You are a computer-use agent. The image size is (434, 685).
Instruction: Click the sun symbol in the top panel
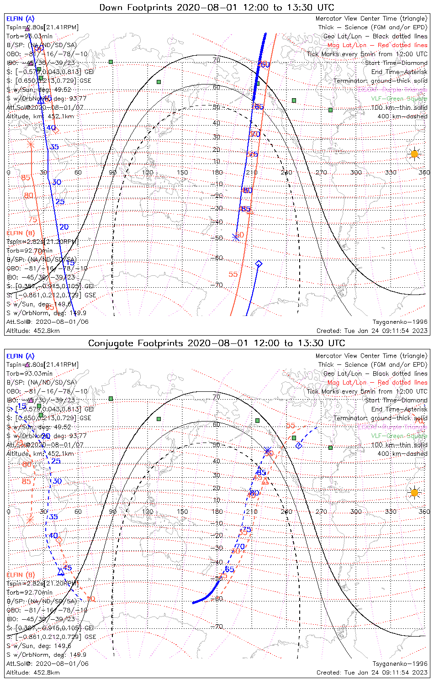tap(414, 154)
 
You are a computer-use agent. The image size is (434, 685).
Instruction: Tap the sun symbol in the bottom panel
tap(414, 493)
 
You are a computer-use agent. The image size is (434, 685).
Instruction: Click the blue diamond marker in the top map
tap(259, 263)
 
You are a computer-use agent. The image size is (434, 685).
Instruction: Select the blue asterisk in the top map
tap(236, 237)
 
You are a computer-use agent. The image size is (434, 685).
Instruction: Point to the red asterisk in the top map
tap(31, 145)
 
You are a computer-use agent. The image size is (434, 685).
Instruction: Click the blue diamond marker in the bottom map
tap(298, 445)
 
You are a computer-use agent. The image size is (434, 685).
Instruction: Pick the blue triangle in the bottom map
tap(61, 572)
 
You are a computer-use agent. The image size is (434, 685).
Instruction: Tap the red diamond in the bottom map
tap(59, 540)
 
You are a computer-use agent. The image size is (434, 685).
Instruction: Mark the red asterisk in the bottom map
tap(30, 520)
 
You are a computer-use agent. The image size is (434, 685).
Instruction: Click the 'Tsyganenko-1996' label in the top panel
tap(400, 322)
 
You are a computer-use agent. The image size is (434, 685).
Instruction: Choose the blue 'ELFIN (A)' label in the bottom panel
tap(21, 356)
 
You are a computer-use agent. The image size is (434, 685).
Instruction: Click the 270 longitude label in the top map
tap(321, 172)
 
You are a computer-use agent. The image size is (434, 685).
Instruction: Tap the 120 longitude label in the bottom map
tap(148, 511)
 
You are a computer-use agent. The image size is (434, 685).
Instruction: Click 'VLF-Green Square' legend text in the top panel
tap(399, 99)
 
